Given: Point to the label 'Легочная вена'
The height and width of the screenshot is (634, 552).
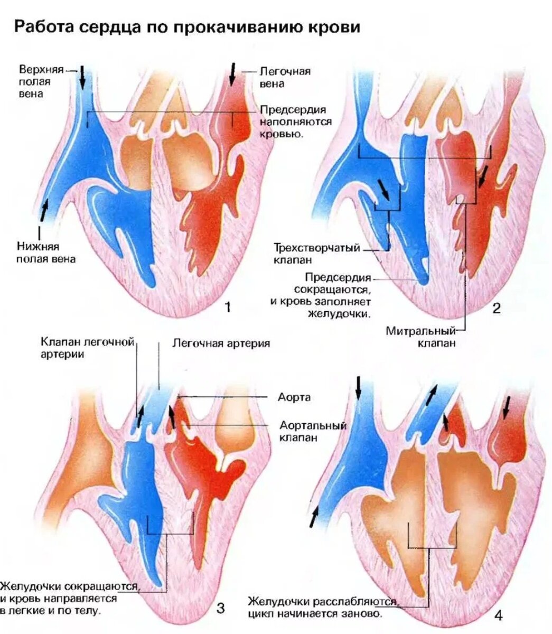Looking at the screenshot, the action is [x=285, y=77].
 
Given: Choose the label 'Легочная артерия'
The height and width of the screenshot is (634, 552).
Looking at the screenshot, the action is [x=221, y=343].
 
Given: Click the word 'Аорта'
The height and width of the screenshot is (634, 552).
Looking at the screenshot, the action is [x=294, y=397].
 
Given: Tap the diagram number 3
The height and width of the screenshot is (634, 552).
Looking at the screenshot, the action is [x=220, y=608].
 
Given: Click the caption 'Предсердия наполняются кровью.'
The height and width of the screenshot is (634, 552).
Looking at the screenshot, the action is [x=295, y=122].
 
